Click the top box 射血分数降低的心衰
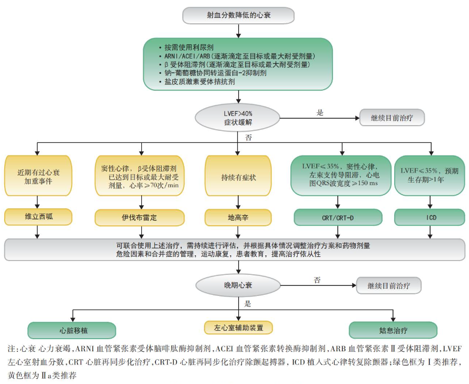[x=238, y=15]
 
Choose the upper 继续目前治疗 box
[x=392, y=118]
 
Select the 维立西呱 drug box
[x=37, y=217]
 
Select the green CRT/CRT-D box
[x=338, y=217]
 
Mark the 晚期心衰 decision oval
[x=238, y=285]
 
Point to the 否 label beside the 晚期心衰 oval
[x=317, y=280]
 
